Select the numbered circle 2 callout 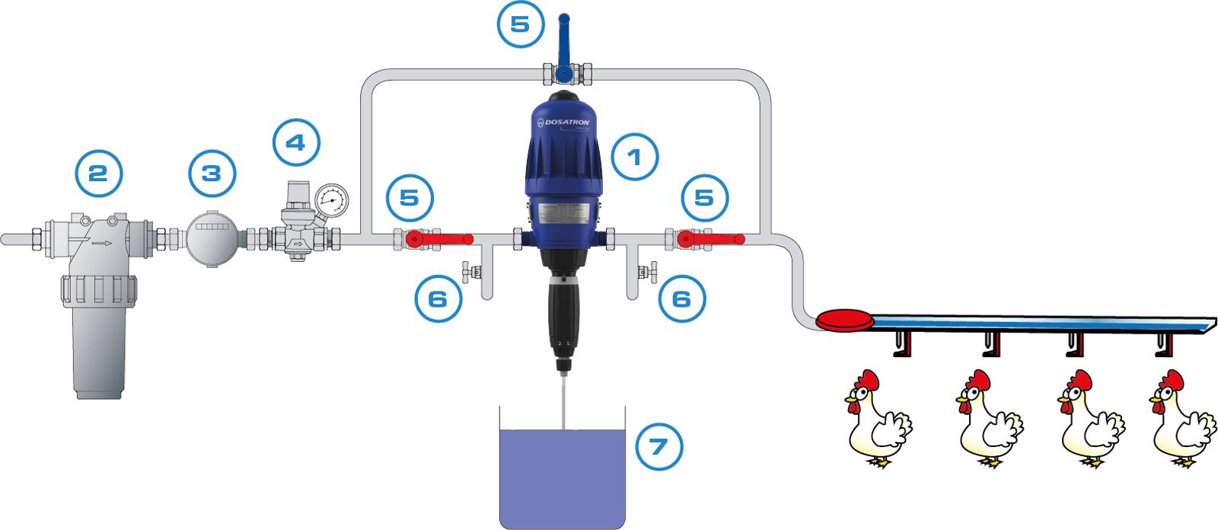point(98,173)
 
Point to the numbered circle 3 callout point(210,173)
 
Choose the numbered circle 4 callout point(296,142)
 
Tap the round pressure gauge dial point(330,200)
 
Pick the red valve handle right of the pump point(712,239)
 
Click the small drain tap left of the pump point(470,270)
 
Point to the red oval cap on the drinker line point(843,319)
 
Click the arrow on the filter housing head point(100,244)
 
